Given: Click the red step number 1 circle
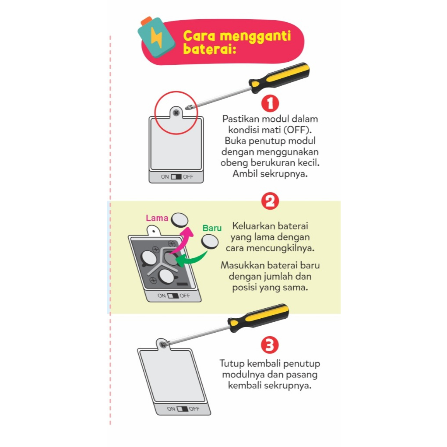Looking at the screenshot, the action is coord(270,103).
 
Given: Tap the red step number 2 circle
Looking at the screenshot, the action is coord(270,201).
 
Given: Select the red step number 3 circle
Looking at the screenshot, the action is coord(269,345).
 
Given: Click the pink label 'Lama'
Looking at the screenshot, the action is coord(157,218).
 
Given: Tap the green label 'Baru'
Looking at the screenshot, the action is coord(212,228).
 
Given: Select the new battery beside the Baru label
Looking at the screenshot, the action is coord(210,242).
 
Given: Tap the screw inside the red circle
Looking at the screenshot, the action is coord(176,113).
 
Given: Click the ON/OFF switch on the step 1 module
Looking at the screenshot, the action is coord(176,177).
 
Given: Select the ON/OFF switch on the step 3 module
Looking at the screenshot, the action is coord(183,409).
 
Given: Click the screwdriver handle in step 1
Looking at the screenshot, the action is coord(279,77).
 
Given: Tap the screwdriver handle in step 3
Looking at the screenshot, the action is coord(258,317).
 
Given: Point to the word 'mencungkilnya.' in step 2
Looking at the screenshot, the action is coord(280,248).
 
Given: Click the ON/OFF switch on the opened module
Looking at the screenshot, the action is coord(173,296).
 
